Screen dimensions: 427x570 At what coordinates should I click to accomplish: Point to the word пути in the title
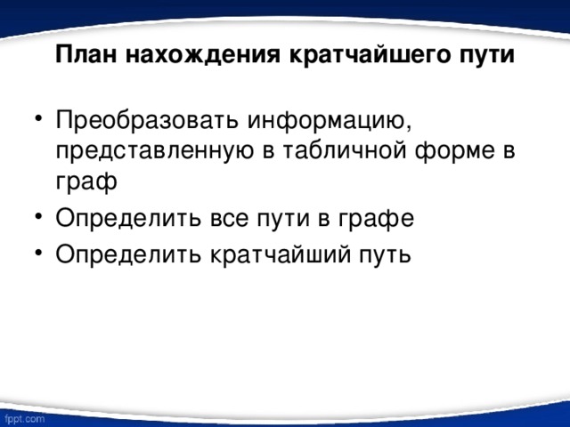[485, 55]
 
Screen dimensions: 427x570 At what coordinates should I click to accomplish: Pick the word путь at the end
[381, 253]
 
